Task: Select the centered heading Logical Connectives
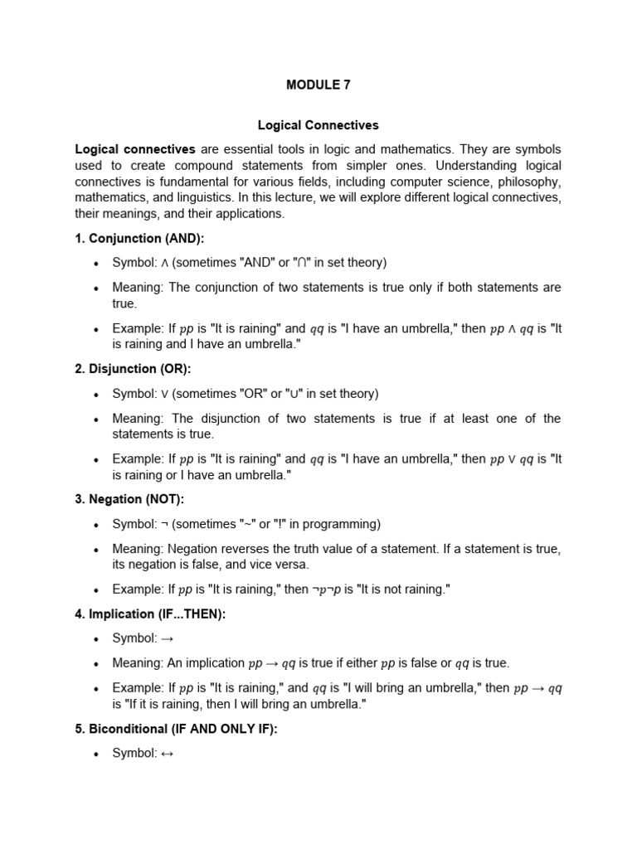pyautogui.click(x=318, y=125)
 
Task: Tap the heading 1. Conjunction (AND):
pyautogui.click(x=139, y=238)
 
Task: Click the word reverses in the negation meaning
pyautogui.click(x=249, y=548)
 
